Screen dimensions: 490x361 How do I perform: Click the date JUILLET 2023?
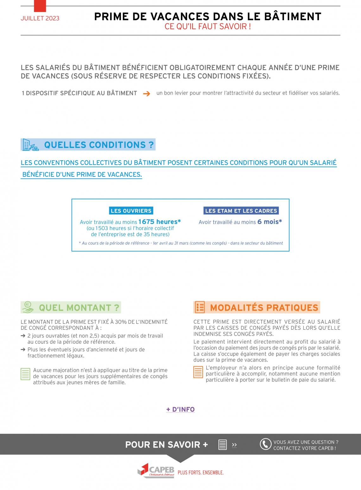[x=40, y=18]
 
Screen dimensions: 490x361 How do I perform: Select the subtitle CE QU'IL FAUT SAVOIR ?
[x=208, y=27]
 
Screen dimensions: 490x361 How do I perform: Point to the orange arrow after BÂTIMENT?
[x=146, y=94]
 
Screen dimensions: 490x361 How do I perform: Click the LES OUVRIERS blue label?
[x=131, y=211]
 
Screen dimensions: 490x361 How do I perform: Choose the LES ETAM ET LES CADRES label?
[x=241, y=211]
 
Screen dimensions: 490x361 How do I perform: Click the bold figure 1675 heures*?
[x=159, y=222]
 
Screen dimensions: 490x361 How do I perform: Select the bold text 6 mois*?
[x=269, y=222]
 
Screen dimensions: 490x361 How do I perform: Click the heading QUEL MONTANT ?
[x=79, y=308]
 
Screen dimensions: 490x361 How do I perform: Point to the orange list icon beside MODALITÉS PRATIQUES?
[x=200, y=307]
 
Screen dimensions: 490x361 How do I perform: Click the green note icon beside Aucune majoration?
[x=25, y=374]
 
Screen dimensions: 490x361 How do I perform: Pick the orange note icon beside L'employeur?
[x=198, y=372]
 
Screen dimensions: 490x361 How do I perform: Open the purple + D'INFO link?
[x=180, y=409]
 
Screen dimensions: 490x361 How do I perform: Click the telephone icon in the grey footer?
[x=265, y=444]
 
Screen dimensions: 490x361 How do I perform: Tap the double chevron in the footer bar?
[x=234, y=445]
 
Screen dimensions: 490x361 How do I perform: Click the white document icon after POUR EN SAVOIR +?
[x=223, y=445]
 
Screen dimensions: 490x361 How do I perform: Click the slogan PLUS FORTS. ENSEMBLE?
[x=201, y=473]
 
